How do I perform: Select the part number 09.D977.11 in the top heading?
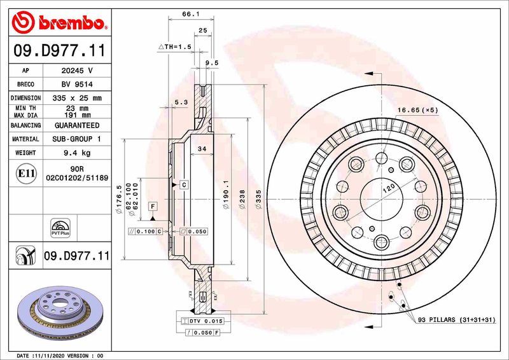[57, 49]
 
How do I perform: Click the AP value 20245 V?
[76, 71]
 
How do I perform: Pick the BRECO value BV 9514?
[76, 84]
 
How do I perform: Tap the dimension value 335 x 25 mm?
[76, 98]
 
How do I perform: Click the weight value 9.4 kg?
[76, 153]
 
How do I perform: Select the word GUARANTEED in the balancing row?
[76, 125]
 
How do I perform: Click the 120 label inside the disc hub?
[389, 188]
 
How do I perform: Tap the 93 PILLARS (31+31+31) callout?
[456, 319]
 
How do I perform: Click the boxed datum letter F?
[153, 205]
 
